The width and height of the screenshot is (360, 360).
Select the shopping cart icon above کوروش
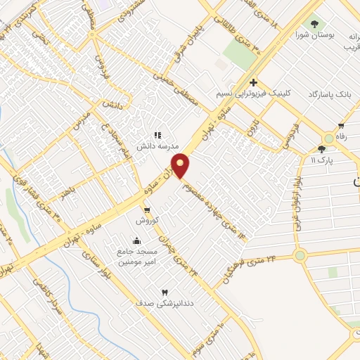(146, 210)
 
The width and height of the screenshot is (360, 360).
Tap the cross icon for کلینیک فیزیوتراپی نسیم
(253, 83)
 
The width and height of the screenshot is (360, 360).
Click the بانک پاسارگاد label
(328, 94)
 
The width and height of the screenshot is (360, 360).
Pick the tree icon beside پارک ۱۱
(322, 148)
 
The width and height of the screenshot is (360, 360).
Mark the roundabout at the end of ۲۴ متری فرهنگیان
(301, 256)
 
